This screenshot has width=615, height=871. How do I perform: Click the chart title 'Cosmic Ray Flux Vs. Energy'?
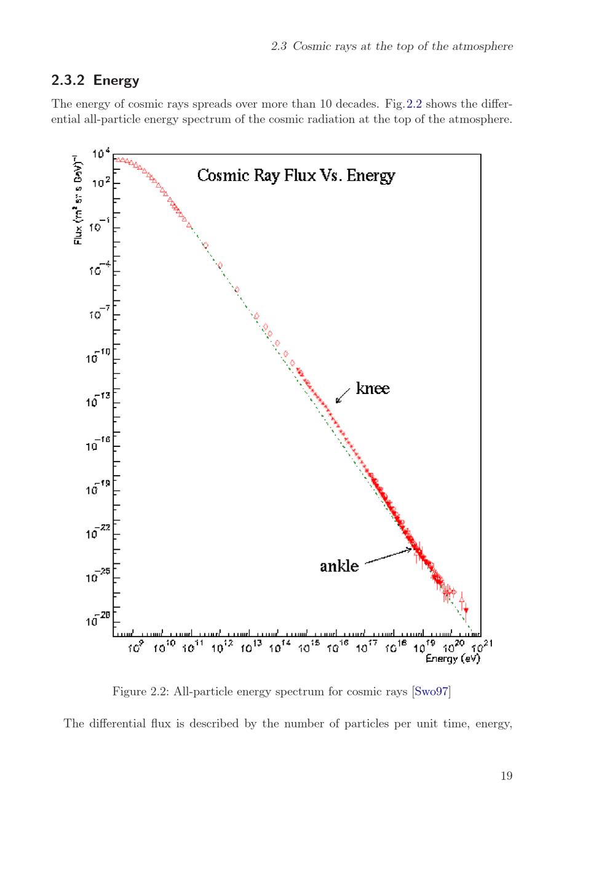[x=296, y=175]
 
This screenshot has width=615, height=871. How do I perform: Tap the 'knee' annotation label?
[x=373, y=388]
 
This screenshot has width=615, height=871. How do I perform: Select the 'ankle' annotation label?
[x=339, y=566]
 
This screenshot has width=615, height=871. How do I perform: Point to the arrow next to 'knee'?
[x=343, y=395]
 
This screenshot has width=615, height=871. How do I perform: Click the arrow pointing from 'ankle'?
[x=388, y=556]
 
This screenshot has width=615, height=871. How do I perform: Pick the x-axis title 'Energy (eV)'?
[x=453, y=658]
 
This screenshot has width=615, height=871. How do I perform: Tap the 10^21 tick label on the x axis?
[x=482, y=647]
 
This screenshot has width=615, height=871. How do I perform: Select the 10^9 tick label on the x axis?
[x=136, y=647]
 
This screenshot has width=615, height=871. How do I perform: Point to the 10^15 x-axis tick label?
[x=309, y=647]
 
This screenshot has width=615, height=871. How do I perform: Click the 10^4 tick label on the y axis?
[x=101, y=154]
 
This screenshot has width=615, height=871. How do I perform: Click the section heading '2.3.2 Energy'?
[x=95, y=80]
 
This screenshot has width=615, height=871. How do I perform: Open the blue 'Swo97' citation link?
[x=431, y=691]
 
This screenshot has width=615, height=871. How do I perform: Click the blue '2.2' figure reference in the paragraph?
[x=414, y=104]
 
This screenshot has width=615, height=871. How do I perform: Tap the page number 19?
[x=506, y=776]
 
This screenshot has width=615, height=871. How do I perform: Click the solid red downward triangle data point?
[x=466, y=610]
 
